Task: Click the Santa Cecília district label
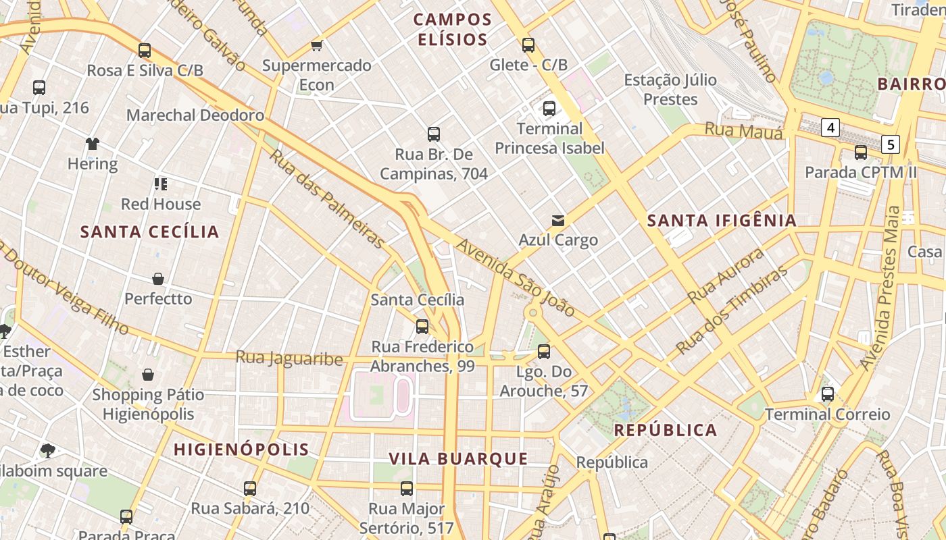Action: pos(150,232)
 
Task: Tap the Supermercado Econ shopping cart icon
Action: pos(316,45)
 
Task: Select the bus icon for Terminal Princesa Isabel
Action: pos(549,108)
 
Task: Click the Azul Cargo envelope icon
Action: pos(558,220)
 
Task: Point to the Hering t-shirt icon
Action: pos(93,143)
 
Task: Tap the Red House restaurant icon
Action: pos(161,184)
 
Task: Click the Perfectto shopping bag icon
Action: pos(158,279)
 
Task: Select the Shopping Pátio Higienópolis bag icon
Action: pos(148,375)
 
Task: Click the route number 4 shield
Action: pos(830,127)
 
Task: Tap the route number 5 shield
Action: pos(891,144)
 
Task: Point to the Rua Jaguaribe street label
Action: pos(289,358)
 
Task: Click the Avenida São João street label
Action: pos(516,277)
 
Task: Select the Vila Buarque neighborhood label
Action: pos(458,459)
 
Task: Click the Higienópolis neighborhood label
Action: pos(241,449)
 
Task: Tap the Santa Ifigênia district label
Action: pos(722,220)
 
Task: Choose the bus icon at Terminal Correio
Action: pos(827,394)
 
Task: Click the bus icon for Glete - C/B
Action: pos(528,45)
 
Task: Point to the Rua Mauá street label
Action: pos(743,130)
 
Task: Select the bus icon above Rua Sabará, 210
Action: pos(250,488)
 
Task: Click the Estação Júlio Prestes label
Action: pos(670,90)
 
